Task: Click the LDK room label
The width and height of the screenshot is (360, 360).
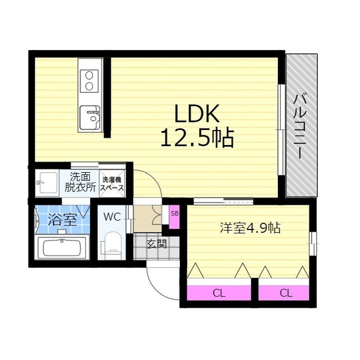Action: coord(195,115)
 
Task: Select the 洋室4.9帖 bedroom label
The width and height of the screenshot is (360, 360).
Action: coord(250,228)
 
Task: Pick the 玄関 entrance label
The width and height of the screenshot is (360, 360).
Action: coord(156,244)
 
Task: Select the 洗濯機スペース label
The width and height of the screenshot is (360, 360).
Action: coord(112,184)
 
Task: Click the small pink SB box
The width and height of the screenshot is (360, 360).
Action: coord(174,214)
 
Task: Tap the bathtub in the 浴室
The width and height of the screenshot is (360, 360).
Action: coord(61,247)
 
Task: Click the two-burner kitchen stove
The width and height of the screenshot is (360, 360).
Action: coord(89,80)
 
